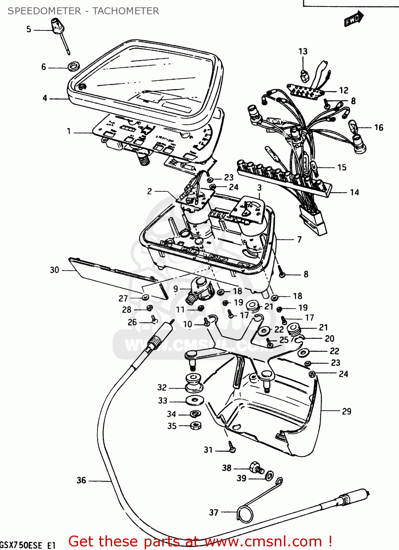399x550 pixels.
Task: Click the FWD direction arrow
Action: [353, 19]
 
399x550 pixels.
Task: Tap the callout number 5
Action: [29, 29]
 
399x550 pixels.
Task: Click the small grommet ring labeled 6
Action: [74, 67]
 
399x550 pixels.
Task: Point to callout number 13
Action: [303, 51]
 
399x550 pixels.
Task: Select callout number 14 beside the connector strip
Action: [354, 192]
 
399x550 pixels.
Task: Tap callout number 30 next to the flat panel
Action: [54, 270]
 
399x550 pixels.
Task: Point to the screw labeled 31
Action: [231, 447]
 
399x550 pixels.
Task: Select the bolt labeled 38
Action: [256, 468]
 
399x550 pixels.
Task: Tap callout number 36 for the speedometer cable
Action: [81, 480]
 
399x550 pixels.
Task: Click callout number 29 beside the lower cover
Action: [346, 411]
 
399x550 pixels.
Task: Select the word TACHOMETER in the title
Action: [125, 11]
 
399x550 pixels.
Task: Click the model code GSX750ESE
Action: [21, 545]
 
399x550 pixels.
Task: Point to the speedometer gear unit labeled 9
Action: [200, 289]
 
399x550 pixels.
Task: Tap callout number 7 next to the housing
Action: [299, 239]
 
